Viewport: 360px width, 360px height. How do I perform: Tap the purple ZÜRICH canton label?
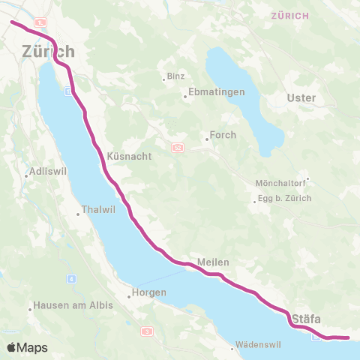289,16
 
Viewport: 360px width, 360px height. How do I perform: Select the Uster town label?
302,98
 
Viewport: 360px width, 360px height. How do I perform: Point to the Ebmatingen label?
210,95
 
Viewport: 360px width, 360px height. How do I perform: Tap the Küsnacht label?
130,156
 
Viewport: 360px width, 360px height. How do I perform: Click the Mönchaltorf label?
282,183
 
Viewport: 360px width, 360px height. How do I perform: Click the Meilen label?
212,262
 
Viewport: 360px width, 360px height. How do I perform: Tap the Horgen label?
147,295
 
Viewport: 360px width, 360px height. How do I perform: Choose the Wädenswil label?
258,346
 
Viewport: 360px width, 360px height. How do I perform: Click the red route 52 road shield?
177,148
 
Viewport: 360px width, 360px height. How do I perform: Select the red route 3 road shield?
147,331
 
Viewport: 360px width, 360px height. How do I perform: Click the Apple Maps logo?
28,347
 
